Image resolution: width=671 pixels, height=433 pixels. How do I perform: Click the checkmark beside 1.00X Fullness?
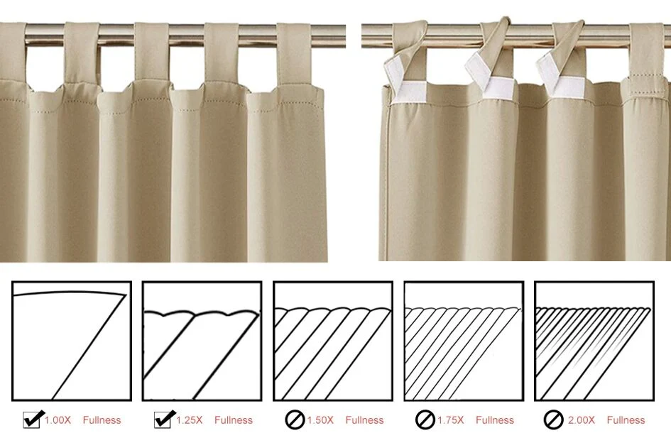tap(33, 420)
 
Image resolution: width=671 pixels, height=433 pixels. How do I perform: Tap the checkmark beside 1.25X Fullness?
tap(165, 420)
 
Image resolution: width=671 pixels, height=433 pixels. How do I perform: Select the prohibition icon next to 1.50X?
tap(295, 420)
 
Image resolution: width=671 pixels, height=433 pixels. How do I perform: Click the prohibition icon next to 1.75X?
tap(425, 420)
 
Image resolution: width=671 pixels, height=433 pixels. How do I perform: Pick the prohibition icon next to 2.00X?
tap(553, 420)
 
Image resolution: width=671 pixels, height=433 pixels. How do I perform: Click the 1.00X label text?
tap(58, 420)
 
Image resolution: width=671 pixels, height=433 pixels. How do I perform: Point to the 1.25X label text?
tap(189, 420)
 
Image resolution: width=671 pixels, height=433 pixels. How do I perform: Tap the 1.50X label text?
tap(320, 420)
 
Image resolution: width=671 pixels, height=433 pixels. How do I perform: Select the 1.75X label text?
tap(451, 420)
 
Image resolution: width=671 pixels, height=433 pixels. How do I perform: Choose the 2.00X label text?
tap(581, 420)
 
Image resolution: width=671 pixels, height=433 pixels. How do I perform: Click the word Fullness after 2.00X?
tap(626, 420)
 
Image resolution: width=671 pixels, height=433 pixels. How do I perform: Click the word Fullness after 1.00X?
tap(102, 420)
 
